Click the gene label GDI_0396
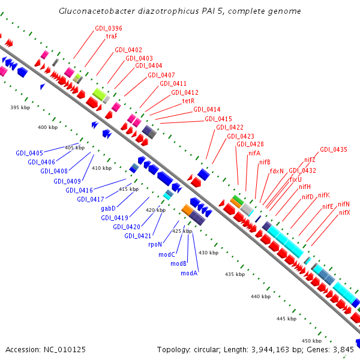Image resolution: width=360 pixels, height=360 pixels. (109, 28)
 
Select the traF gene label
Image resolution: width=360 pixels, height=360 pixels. (112, 36)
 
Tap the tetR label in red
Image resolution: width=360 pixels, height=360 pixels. (188, 101)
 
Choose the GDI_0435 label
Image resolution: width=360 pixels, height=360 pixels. (333, 149)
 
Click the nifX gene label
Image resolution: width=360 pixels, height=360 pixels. (344, 212)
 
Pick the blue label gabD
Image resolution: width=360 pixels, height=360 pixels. (108, 208)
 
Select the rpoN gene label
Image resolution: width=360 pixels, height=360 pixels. (155, 244)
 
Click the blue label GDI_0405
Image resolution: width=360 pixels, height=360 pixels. (29, 153)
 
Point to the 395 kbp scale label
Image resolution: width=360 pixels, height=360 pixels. (20, 107)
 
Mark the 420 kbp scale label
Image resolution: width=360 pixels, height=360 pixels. (155, 210)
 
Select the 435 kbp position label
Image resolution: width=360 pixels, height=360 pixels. (235, 274)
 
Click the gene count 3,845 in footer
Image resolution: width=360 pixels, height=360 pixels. (343, 349)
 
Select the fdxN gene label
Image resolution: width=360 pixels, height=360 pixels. (277, 171)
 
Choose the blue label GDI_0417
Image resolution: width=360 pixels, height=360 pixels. (91, 199)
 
